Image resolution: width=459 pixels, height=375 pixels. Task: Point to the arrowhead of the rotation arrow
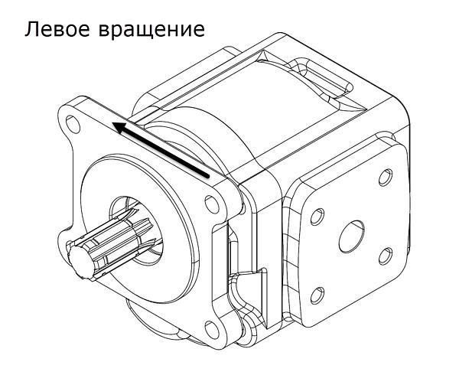pyautogui.click(x=117, y=127)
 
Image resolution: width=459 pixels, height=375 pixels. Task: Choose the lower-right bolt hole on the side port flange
pyautogui.click(x=385, y=253)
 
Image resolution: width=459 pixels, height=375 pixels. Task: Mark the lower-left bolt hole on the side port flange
pyautogui.click(x=318, y=292)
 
